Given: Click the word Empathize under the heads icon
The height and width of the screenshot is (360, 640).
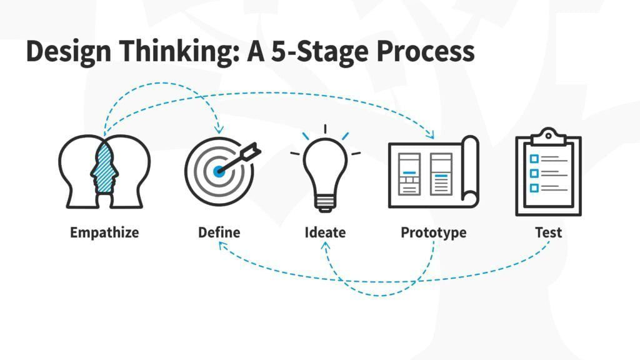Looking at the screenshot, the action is pos(104,232).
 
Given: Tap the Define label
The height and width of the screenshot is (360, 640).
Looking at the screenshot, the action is pos(219,232).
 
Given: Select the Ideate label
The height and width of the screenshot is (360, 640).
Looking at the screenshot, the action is pos(325,232).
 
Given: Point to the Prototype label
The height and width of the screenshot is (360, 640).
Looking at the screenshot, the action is pos(434,232).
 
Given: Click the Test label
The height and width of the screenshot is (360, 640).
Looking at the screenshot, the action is pos(549,232).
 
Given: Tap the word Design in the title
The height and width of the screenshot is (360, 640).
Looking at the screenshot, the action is pos(69,52).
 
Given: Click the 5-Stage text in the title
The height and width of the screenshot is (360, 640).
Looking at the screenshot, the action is pos(319,52).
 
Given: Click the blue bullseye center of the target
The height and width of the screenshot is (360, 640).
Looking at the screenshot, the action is pos(219,171).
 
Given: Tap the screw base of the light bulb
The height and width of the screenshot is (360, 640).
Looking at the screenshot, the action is pos(325,203).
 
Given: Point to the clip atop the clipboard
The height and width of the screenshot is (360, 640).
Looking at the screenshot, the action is pos(549,136).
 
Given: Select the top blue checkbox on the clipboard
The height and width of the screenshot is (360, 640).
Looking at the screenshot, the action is pos(534,158).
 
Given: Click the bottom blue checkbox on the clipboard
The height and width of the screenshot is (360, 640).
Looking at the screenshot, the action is pos(534,187).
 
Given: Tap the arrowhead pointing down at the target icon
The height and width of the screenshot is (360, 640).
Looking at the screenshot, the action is pos(219,131).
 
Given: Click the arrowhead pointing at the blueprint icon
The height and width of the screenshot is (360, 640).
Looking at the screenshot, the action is pos(430,134).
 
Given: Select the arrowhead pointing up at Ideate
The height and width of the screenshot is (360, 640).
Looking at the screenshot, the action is pos(325,246).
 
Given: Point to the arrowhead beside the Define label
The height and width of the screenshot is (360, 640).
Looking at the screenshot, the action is pos(222,245).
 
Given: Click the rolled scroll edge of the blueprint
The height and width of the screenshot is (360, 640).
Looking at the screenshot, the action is pos(470,171).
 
